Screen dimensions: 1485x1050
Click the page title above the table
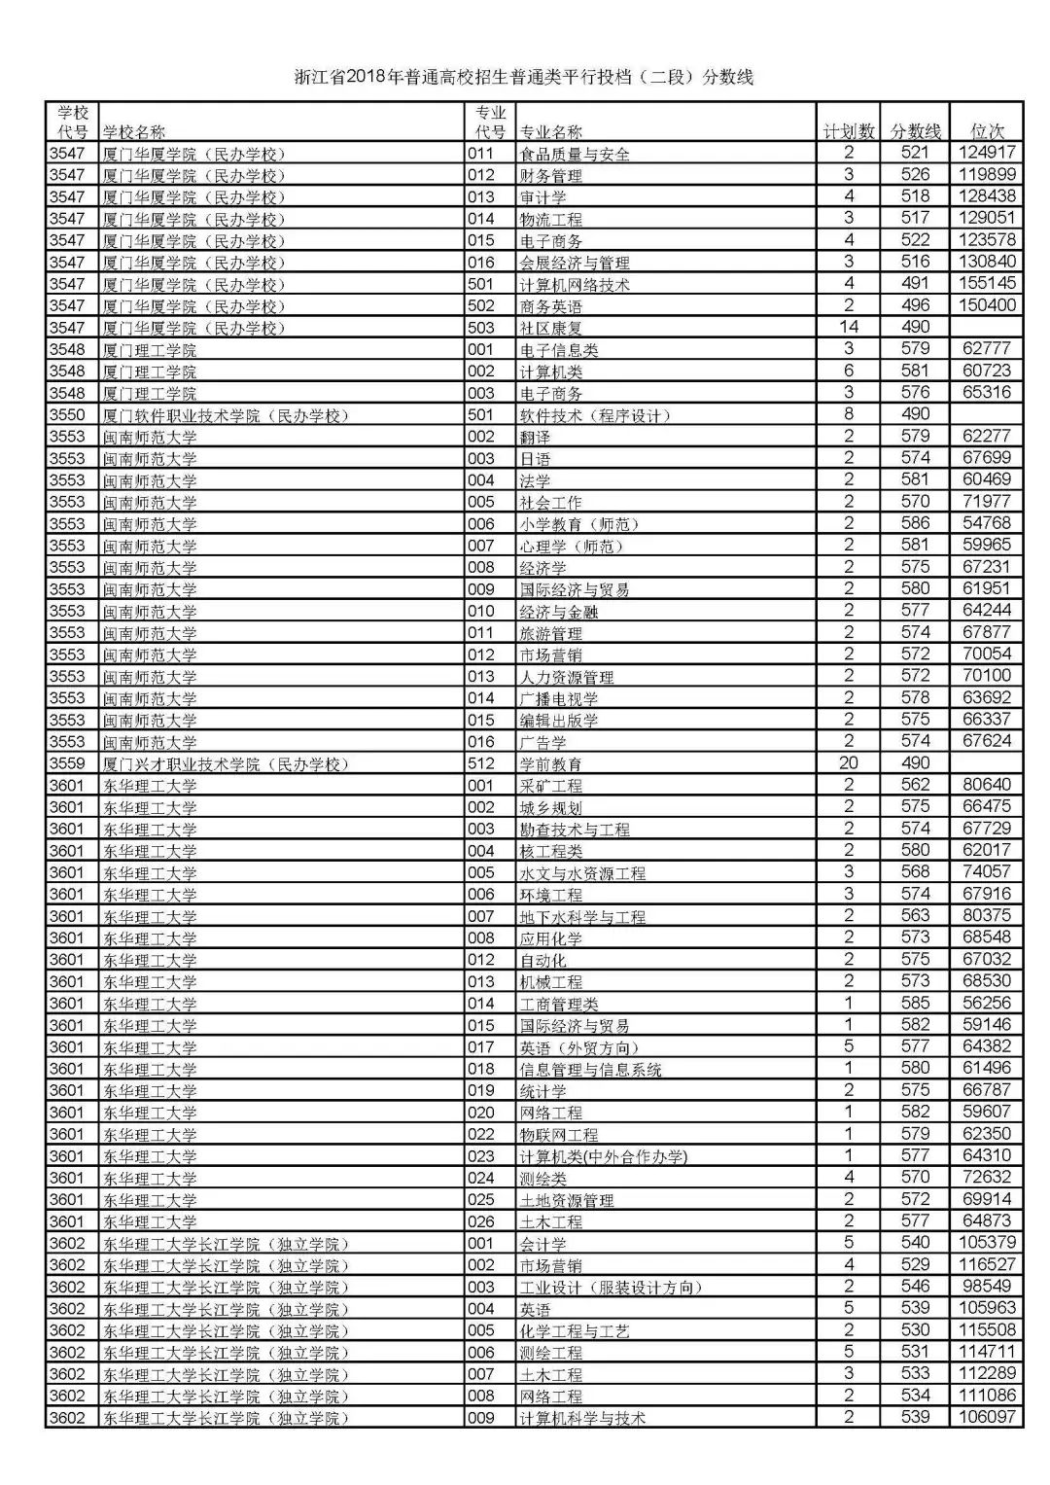tap(524, 78)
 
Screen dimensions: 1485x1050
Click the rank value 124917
tap(987, 153)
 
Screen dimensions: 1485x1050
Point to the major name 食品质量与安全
tap(575, 154)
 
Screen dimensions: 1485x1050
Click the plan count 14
tap(849, 327)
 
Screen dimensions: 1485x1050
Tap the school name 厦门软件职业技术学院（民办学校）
tap(225, 415)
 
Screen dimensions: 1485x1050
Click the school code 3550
tap(68, 414)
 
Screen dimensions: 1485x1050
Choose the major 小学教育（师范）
tap(580, 524)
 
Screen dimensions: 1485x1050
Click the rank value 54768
tap(987, 523)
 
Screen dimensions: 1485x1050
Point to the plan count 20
tap(849, 762)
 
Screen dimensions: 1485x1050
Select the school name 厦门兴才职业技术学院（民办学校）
tap(225, 763)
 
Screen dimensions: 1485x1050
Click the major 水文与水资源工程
tap(582, 873)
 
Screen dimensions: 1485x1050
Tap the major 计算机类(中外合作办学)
tap(603, 1156)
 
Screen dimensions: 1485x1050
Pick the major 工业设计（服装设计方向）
tap(611, 1288)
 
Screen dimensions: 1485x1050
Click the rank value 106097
tap(987, 1417)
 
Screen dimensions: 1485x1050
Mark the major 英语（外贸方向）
tap(580, 1047)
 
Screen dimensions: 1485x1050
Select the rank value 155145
tap(987, 283)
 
